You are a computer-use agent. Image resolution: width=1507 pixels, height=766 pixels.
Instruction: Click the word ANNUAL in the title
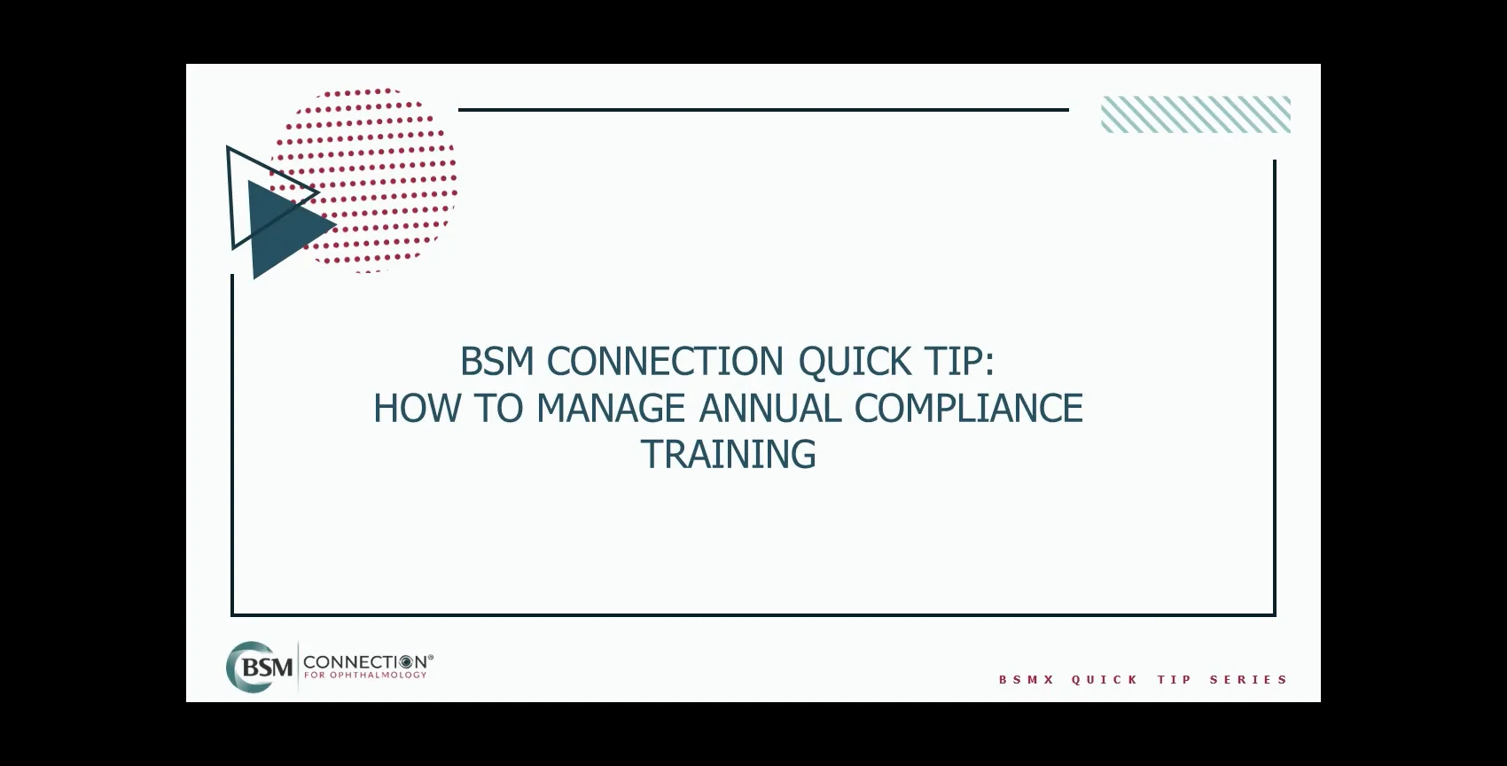click(770, 409)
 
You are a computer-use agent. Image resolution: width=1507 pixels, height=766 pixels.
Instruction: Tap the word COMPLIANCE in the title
click(968, 409)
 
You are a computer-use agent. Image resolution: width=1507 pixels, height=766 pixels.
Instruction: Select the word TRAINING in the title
click(728, 455)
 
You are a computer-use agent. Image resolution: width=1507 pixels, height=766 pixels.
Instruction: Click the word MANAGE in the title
click(611, 409)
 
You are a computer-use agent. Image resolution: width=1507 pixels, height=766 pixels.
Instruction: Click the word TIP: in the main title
click(958, 362)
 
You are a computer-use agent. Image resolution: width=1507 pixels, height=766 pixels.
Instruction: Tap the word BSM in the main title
click(496, 362)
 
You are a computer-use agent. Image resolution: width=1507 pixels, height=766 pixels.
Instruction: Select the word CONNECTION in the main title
click(665, 362)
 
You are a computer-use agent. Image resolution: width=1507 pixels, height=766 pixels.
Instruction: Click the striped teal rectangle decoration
click(1195, 114)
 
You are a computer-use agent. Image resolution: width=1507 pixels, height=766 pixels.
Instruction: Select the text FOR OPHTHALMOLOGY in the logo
click(365, 676)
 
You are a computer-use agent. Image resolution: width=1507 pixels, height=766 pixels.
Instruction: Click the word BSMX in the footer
click(1027, 680)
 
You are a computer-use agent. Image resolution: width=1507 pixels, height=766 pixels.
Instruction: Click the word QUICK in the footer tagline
click(1105, 680)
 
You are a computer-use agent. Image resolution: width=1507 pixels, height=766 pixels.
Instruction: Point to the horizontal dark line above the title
click(762, 110)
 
